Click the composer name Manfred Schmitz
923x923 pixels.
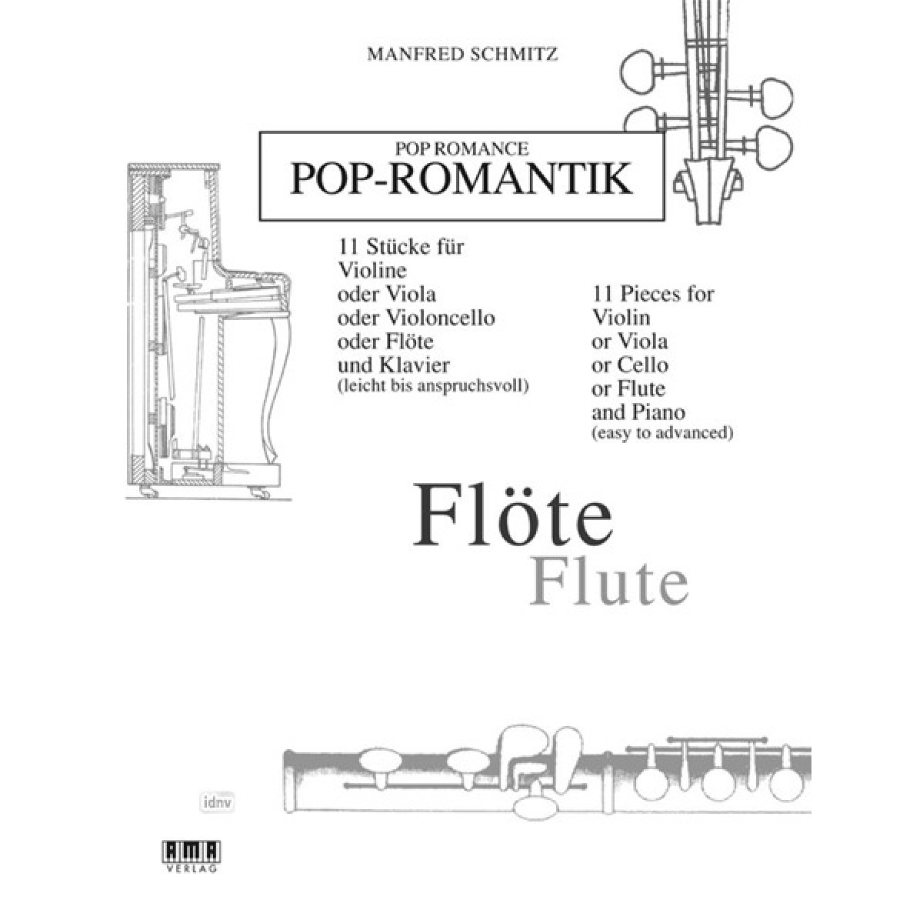pos(462,54)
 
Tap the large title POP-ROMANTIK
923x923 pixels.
pos(461,179)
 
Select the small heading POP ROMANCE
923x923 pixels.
pos(461,149)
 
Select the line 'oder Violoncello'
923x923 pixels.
pos(416,318)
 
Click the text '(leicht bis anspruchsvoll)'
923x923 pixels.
pos(433,386)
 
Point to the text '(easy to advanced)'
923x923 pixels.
pos(662,433)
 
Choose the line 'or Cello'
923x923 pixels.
pos(630,365)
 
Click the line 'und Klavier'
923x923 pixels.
pos(394,365)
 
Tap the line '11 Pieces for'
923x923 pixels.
pos(653,294)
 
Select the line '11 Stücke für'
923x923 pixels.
pos(401,247)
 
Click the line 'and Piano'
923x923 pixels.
pos(638,412)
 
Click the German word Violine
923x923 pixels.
pos(372,271)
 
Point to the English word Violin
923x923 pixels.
pos(621,318)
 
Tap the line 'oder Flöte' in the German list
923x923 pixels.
pos(385,342)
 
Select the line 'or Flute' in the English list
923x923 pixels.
pos(628,388)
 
